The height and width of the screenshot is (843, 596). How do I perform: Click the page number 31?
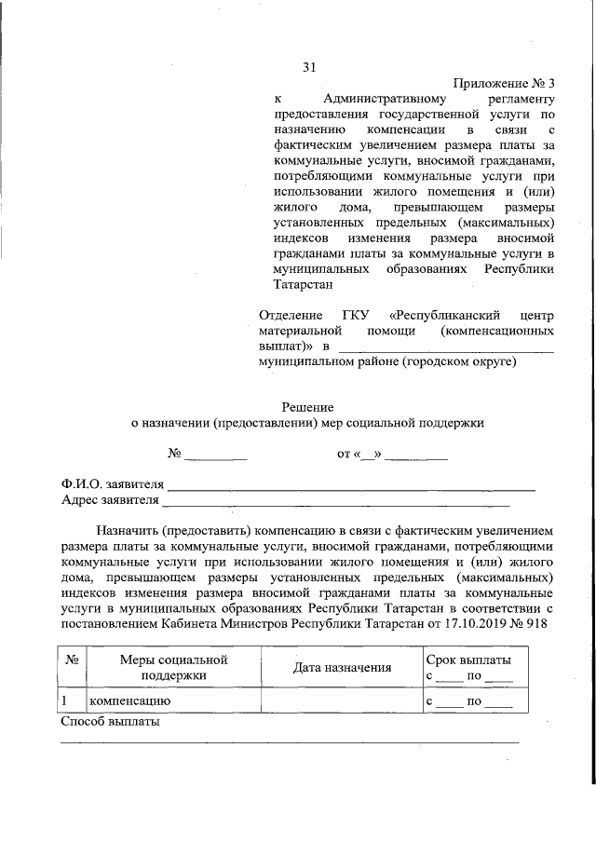[x=310, y=66]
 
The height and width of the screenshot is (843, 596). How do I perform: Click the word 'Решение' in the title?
[x=307, y=406]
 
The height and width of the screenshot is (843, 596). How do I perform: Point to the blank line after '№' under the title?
[x=216, y=456]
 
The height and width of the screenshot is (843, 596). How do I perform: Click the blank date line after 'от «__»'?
[x=416, y=456]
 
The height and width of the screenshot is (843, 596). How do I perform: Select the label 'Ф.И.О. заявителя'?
[x=112, y=484]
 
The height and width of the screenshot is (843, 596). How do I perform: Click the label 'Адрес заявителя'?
[x=110, y=500]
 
